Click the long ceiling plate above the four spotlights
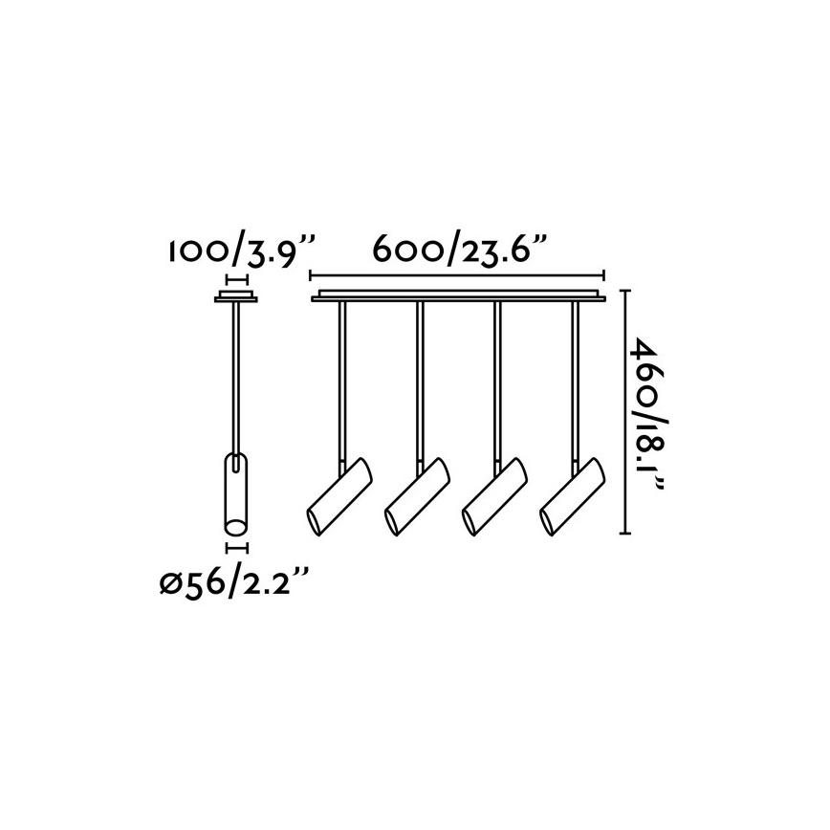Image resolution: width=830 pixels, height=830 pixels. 458,295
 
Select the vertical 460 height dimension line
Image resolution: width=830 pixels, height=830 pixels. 626,411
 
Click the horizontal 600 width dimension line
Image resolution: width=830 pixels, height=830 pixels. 458,275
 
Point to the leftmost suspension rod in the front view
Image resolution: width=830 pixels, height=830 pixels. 341,382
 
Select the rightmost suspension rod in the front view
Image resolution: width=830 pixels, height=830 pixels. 575,382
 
